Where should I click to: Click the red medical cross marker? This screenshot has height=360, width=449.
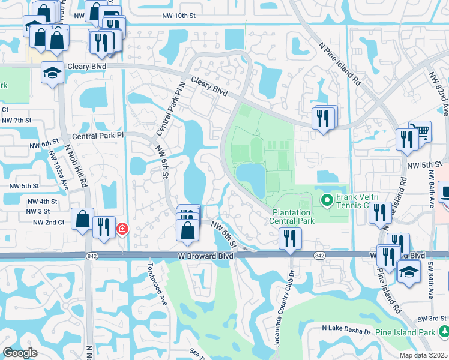tap(122, 229)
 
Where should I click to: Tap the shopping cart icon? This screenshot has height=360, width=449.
tap(420, 131)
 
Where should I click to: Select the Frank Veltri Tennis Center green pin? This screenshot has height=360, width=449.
tap(327, 200)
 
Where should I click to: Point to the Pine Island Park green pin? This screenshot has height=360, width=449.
tap(444, 331)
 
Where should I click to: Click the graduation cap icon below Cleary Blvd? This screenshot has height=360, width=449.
tap(53, 73)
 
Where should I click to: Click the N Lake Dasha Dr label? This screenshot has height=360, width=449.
tap(345, 328)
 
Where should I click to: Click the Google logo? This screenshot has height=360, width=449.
tap(20, 353)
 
